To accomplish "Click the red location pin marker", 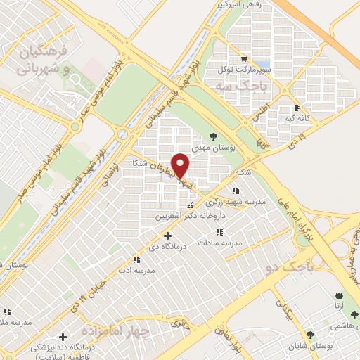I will (181, 165).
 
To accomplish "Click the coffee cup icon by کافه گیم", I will (297, 108).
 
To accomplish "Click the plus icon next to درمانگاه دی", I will (167, 236).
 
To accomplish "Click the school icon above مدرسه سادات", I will (219, 232).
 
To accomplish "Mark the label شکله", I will (243, 172).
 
